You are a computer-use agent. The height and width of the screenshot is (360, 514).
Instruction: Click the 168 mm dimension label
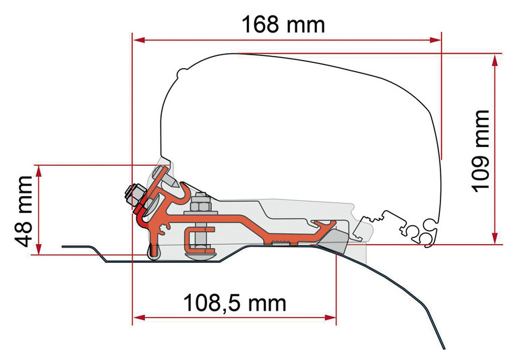click(x=283, y=24)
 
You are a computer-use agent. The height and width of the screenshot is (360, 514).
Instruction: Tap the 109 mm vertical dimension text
click(x=480, y=151)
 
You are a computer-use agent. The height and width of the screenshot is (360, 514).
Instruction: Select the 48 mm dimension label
click(x=24, y=211)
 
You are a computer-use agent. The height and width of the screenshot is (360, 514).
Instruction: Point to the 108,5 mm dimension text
click(x=235, y=303)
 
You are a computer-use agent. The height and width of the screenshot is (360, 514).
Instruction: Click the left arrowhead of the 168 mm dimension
click(x=138, y=40)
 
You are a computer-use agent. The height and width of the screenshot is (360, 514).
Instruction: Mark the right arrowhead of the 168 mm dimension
click(x=435, y=40)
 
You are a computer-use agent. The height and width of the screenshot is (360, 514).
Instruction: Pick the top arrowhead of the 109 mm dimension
click(x=494, y=60)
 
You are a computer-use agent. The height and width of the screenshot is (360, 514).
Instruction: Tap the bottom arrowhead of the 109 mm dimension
click(x=494, y=237)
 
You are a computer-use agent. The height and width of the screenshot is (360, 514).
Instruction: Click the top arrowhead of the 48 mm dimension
click(x=39, y=172)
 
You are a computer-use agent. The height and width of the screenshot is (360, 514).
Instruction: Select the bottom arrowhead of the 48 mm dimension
click(x=39, y=248)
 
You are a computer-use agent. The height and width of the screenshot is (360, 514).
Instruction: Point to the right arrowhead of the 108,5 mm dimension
click(x=330, y=318)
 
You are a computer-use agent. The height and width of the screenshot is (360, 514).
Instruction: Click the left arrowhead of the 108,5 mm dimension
click(x=138, y=318)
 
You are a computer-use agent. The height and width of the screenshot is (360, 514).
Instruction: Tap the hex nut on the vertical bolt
click(x=200, y=204)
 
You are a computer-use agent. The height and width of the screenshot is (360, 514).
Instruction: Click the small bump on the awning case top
click(x=182, y=71)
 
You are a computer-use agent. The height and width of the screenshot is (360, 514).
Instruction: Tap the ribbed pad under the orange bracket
click(x=281, y=243)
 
